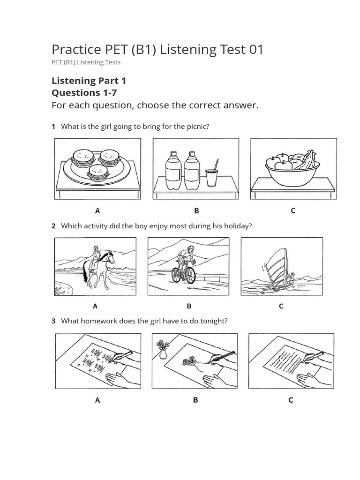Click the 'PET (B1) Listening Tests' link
(x=86, y=62)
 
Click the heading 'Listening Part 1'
(x=89, y=81)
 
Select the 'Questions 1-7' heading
(x=84, y=92)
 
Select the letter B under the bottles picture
(x=196, y=211)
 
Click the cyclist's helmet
(x=190, y=248)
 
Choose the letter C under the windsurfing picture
(x=281, y=306)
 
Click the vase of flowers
(x=163, y=349)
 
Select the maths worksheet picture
(x=97, y=361)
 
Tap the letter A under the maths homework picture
(x=97, y=400)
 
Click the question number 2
(x=53, y=226)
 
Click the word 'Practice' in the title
(x=75, y=49)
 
